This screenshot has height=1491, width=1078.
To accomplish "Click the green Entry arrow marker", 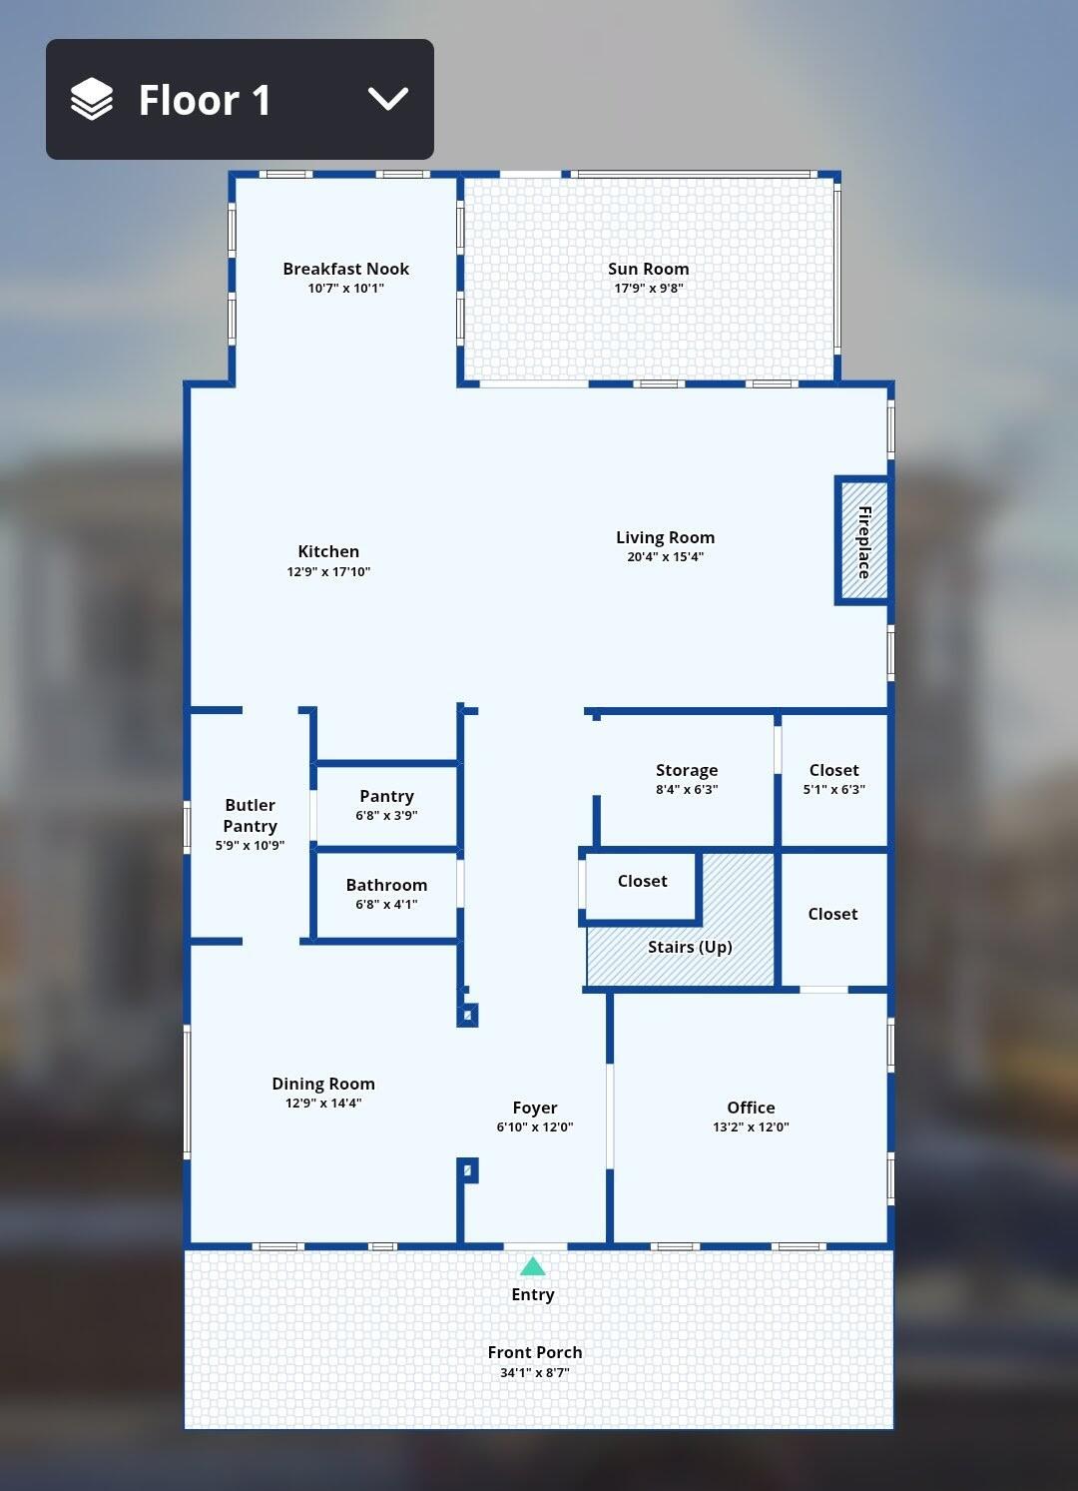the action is [x=532, y=1266].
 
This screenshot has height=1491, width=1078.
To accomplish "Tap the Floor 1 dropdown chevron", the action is [x=388, y=99].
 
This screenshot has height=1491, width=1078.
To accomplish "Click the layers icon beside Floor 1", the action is [x=92, y=99].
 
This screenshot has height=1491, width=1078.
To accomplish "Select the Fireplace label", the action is [x=863, y=542].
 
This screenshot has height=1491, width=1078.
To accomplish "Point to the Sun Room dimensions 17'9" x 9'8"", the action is [x=648, y=289].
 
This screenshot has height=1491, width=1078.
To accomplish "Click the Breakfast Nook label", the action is [x=346, y=269].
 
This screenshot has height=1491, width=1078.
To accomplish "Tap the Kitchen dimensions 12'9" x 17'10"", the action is [x=328, y=571].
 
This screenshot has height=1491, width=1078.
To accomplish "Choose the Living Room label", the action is [x=666, y=537].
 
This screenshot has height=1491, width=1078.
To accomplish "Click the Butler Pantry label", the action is [x=251, y=815].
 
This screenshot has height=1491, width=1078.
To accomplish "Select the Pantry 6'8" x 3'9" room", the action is [x=386, y=805].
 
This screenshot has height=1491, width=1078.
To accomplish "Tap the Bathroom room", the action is [x=386, y=895].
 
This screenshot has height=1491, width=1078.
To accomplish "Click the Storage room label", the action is [x=687, y=770].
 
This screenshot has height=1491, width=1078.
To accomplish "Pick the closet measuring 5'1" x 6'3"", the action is [x=834, y=779].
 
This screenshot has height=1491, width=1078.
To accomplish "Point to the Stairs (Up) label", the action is [x=690, y=947].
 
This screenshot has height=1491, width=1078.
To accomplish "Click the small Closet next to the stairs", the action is [x=642, y=886].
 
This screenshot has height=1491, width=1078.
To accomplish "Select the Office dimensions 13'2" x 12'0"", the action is [x=751, y=1126].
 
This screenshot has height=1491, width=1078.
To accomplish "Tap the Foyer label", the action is [x=535, y=1108].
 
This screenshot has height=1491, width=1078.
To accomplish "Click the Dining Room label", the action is [x=323, y=1084].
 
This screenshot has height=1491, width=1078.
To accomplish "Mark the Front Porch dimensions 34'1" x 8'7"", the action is [x=535, y=1372].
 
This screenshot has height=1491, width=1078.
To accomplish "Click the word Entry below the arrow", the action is [x=532, y=1294].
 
